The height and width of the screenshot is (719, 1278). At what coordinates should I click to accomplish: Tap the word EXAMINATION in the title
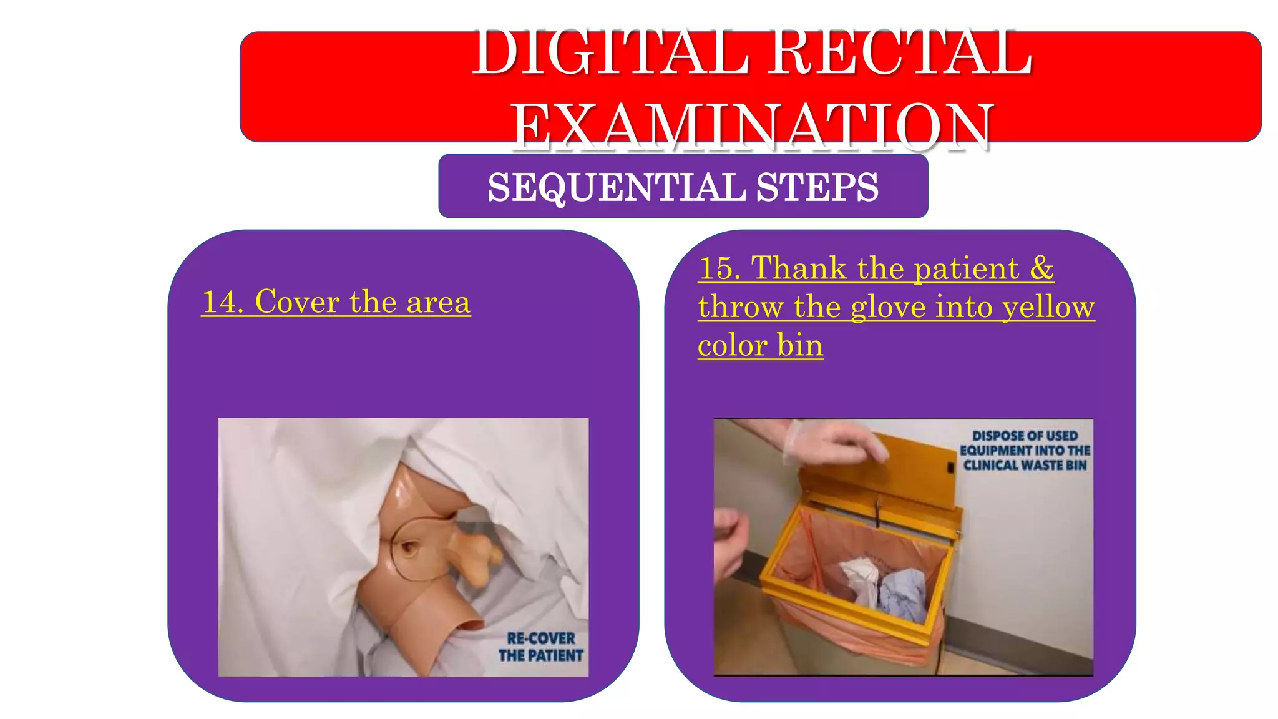click(x=752, y=127)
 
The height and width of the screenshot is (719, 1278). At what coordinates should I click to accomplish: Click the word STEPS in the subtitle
click(x=817, y=187)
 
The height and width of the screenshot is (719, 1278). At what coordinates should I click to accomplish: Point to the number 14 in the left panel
click(x=222, y=303)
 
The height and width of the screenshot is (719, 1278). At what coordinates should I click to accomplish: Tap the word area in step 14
click(x=438, y=303)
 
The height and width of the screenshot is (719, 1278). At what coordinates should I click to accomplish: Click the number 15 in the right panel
click(x=719, y=269)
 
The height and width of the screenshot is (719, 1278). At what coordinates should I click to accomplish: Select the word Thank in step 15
click(x=799, y=269)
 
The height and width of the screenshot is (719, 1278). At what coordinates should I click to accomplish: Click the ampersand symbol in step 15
click(x=1041, y=269)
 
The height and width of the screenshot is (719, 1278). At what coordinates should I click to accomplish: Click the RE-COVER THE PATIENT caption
click(x=540, y=647)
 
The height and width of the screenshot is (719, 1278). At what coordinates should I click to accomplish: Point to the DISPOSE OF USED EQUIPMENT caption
click(x=1025, y=451)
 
